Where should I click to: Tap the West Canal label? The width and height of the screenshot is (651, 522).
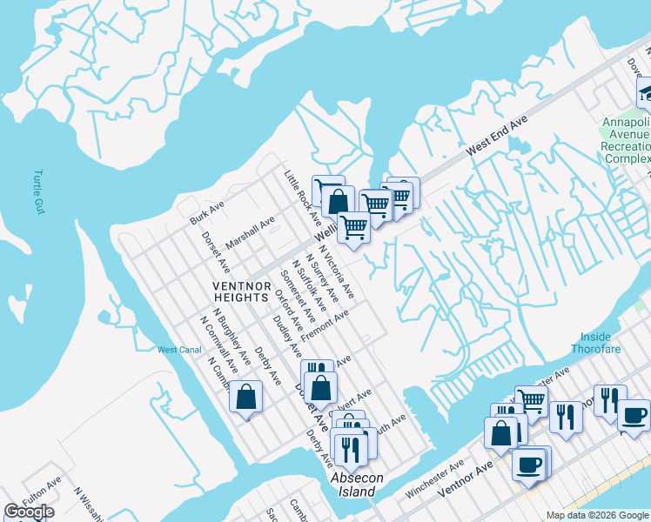tap(178, 350)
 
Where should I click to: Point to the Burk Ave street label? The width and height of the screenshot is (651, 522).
tap(208, 212)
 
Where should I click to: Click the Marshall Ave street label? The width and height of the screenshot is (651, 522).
tap(250, 231)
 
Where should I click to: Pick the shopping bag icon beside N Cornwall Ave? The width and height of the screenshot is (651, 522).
tap(246, 397)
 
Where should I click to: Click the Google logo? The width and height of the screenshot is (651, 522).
tap(29, 512)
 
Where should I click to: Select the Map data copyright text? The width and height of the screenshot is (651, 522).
tap(597, 515)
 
